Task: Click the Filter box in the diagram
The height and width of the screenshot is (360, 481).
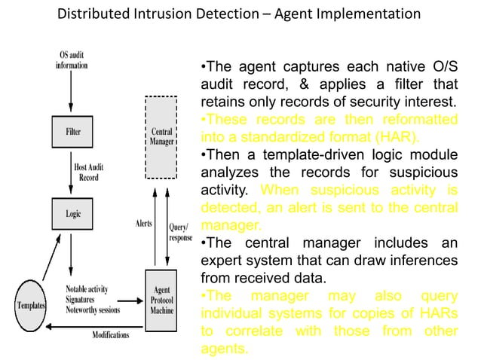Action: [x=72, y=131]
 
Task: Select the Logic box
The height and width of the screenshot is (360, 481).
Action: [x=72, y=213]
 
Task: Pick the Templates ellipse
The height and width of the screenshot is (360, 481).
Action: [x=29, y=306]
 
